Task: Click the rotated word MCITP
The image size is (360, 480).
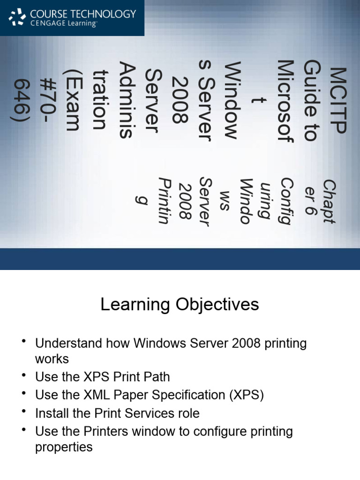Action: coord(337,100)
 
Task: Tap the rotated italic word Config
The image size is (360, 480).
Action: coord(286,202)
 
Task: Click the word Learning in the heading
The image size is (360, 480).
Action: coord(136,305)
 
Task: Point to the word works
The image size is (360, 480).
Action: coord(52,360)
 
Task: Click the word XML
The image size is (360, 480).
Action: coord(94,395)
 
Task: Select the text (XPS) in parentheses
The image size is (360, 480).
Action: coord(247,395)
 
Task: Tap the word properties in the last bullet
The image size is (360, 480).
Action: coord(64,447)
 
